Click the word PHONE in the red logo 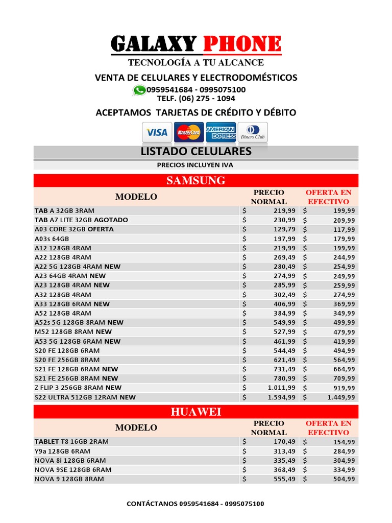pyautogui.click(x=242, y=44)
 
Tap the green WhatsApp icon pyautogui.click(x=138, y=90)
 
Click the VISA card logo pyautogui.click(x=157, y=132)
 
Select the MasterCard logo pyautogui.click(x=188, y=132)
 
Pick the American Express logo pyautogui.click(x=220, y=132)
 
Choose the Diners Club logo pyautogui.click(x=253, y=132)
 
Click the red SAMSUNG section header pyautogui.click(x=196, y=180)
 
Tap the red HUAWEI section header pyautogui.click(x=196, y=412)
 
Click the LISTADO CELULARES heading pyautogui.click(x=196, y=152)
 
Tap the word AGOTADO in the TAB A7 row pyautogui.click(x=111, y=220)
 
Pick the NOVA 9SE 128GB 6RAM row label pyautogui.click(x=72, y=469)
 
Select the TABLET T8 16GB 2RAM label pyautogui.click(x=71, y=441)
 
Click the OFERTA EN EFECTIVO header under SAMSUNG pyautogui.click(x=328, y=197)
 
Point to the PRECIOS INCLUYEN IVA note pyautogui.click(x=196, y=165)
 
